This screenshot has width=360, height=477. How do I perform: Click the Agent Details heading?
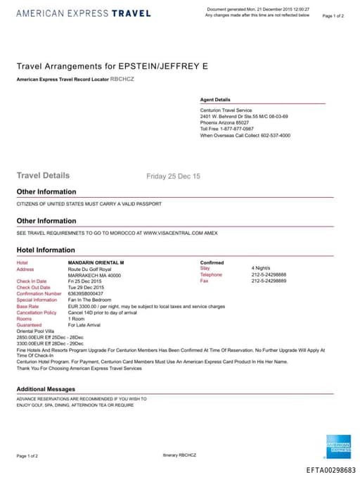pyautogui.click(x=215, y=100)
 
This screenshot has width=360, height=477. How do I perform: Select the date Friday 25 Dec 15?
pyautogui.click(x=173, y=176)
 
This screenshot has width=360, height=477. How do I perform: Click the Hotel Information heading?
pyautogui.click(x=46, y=250)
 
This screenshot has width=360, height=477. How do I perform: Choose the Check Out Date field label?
pyautogui.click(x=33, y=288)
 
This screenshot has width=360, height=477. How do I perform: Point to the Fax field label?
pyautogui.click(x=205, y=281)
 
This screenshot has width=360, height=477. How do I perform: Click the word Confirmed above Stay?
pyautogui.click(x=212, y=262)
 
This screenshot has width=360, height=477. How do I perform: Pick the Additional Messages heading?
pyautogui.click(x=46, y=389)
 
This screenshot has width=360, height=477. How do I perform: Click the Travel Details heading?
pyautogui.click(x=43, y=176)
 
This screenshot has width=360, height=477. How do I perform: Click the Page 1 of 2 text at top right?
pyautogui.click(x=333, y=15)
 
